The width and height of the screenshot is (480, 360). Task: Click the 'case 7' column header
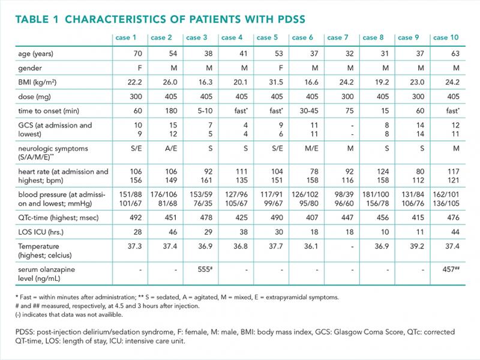click(338, 38)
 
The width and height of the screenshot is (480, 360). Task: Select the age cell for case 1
click(138, 53)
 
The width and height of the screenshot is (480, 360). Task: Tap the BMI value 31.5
click(276, 82)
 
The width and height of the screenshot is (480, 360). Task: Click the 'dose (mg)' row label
click(34, 97)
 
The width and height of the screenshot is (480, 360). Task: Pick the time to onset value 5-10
click(205, 111)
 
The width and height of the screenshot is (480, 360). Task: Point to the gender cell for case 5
click(280, 68)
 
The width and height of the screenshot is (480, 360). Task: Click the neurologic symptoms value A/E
click(170, 148)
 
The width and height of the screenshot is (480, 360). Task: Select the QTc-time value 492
click(136, 218)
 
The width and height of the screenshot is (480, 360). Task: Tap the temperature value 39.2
click(417, 247)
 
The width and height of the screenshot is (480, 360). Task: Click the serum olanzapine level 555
click(205, 269)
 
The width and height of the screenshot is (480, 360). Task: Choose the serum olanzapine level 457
click(451, 269)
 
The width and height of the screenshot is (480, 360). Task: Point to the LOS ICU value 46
click(173, 232)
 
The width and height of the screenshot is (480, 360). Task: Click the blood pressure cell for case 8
click(376, 199)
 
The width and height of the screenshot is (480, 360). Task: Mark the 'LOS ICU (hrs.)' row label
click(41, 232)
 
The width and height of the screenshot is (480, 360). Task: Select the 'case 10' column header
click(446, 38)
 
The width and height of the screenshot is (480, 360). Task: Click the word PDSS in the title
click(292, 19)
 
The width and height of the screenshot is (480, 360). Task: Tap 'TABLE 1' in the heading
click(37, 19)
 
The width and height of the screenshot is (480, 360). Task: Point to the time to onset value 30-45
click(309, 111)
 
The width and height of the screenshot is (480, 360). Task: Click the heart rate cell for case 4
click(242, 176)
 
